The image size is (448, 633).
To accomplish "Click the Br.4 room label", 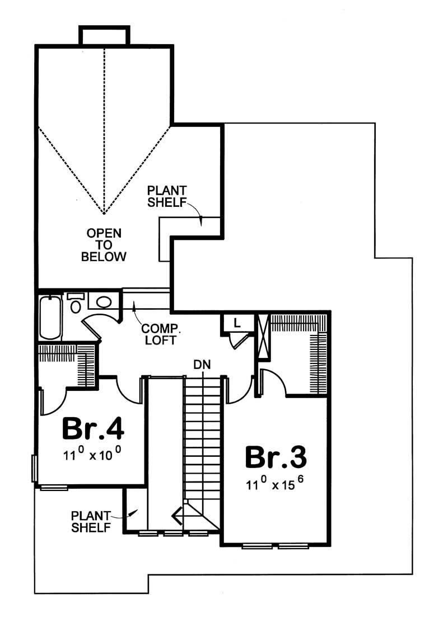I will [x=92, y=428].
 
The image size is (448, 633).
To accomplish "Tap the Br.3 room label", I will [x=276, y=457].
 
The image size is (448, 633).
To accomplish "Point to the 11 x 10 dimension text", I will [x=92, y=455].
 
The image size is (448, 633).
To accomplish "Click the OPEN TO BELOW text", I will [x=104, y=244].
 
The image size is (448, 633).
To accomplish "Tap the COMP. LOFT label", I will [x=160, y=334].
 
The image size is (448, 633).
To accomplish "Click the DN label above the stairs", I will [x=202, y=365].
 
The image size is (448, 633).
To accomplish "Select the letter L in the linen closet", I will [x=237, y=323].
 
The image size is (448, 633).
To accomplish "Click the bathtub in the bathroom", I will [x=50, y=317].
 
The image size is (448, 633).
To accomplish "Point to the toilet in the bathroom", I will [x=76, y=304].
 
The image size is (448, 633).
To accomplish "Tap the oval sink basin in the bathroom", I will [x=104, y=302].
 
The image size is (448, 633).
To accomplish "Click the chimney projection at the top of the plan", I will [x=104, y=36].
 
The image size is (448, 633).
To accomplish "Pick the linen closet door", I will [x=240, y=340].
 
